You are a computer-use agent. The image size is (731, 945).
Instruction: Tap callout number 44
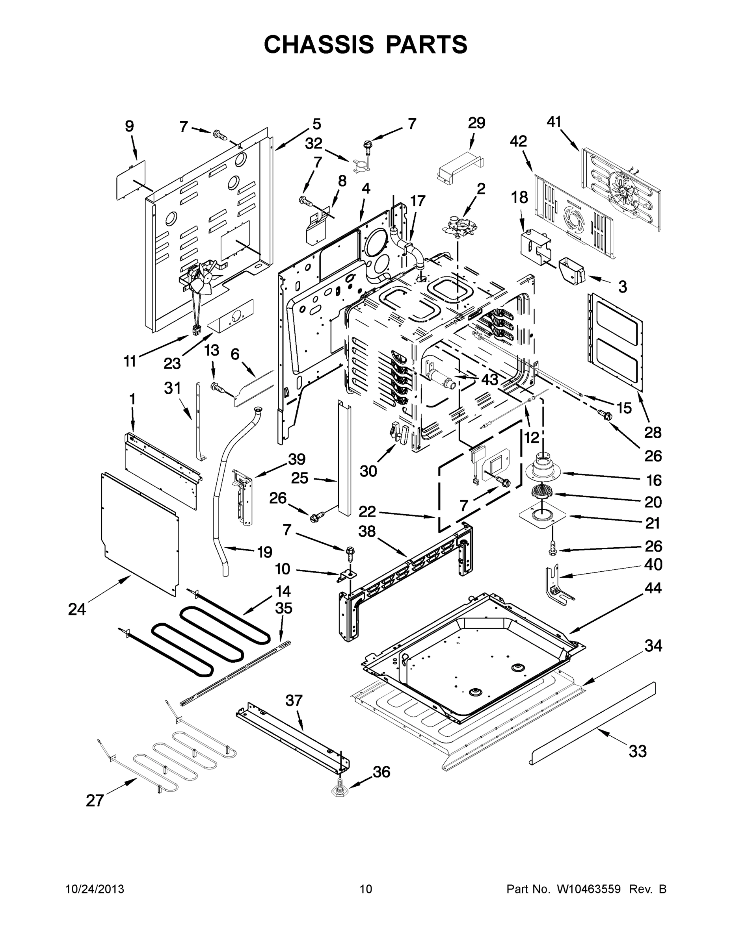(653, 588)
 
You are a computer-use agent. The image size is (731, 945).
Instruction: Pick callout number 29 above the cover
(476, 123)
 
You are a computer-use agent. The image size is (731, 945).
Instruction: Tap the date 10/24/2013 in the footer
(95, 889)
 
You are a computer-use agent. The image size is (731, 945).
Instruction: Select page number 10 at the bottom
(366, 889)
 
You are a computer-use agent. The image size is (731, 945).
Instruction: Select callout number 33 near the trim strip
(638, 751)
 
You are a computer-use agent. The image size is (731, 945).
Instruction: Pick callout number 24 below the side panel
(77, 610)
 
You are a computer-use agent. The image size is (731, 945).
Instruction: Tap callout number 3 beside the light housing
(622, 286)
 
